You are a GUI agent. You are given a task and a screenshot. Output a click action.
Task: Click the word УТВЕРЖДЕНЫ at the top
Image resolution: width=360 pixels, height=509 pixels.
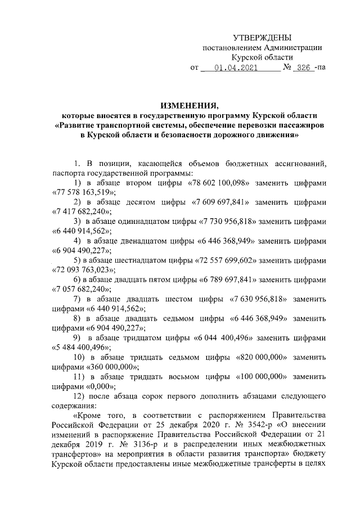click(262, 38)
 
